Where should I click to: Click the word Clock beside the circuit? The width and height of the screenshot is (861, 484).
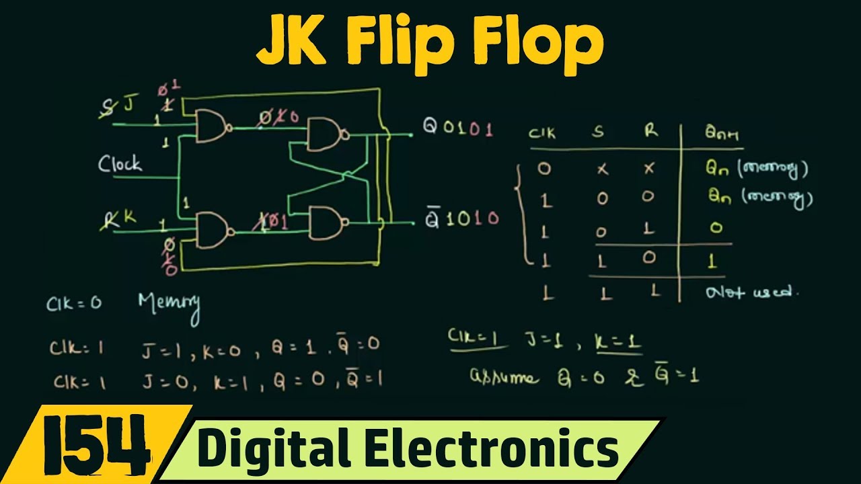(x=120, y=163)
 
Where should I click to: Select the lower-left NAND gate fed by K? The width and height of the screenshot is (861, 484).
(x=213, y=229)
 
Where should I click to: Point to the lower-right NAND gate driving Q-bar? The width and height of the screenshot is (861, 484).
(x=326, y=223)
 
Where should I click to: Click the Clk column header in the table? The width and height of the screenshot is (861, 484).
(x=542, y=133)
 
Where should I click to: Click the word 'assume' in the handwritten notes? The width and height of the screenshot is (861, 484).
(x=504, y=377)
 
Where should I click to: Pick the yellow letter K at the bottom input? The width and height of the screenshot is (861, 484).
(x=129, y=217)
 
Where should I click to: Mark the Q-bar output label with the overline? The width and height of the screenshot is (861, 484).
(x=433, y=218)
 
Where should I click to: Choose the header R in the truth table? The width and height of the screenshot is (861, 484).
(x=650, y=131)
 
